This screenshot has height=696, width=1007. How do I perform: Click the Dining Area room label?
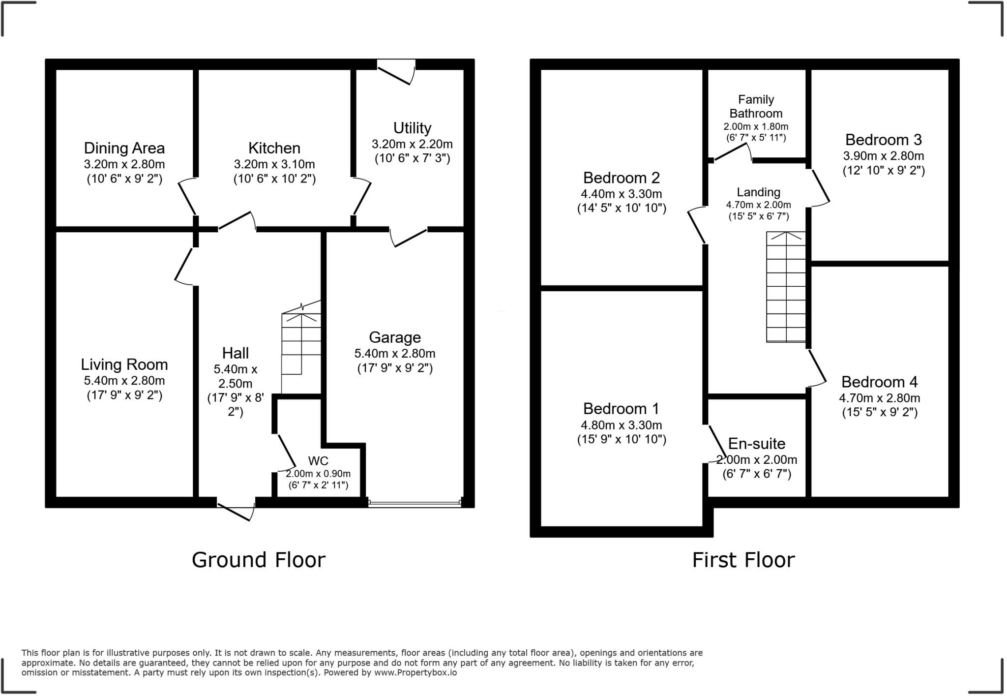pyautogui.click(x=124, y=148)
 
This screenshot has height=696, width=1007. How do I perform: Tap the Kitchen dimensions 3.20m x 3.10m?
pyautogui.click(x=274, y=164)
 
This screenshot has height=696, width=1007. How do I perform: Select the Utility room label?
pyautogui.click(x=412, y=128)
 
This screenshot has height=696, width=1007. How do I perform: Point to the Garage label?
pyautogui.click(x=394, y=337)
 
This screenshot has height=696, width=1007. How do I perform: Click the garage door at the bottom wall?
pyautogui.click(x=414, y=503)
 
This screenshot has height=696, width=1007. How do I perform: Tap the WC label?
pyautogui.click(x=318, y=461)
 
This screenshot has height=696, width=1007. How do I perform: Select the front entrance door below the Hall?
pyautogui.click(x=236, y=510)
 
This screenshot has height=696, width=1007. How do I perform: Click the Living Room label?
pyautogui.click(x=124, y=364)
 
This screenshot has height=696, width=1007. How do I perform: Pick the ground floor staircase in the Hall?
pyautogui.click(x=301, y=344)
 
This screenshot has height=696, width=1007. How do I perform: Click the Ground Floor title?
pyautogui.click(x=258, y=560)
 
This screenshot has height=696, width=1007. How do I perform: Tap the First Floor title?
pyautogui.click(x=743, y=560)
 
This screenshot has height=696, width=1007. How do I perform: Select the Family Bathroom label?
pyautogui.click(x=756, y=106)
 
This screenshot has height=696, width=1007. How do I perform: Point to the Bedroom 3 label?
pyautogui.click(x=883, y=140)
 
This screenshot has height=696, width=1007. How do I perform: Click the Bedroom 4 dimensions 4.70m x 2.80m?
pyautogui.click(x=879, y=398)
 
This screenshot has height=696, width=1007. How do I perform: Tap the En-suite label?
pyautogui.click(x=756, y=444)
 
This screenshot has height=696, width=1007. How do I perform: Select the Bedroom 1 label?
pyautogui.click(x=621, y=409)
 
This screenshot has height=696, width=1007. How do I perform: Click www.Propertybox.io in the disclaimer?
pyautogui.click(x=415, y=672)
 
